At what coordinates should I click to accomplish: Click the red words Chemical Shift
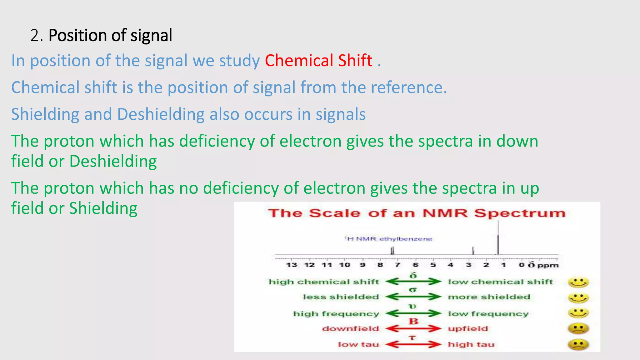[x=318, y=61]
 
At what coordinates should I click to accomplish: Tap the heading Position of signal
[x=110, y=35]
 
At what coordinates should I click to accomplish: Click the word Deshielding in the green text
[x=113, y=162]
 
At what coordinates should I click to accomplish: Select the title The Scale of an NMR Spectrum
[x=417, y=213]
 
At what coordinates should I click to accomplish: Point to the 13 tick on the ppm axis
[x=291, y=265]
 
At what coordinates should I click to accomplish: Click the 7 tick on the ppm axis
[x=397, y=265]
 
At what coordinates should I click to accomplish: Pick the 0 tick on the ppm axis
[x=521, y=265]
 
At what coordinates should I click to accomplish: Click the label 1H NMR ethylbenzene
[x=388, y=239]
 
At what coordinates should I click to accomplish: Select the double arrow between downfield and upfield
[x=413, y=329]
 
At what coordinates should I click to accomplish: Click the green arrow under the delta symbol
[x=413, y=282]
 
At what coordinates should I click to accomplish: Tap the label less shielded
[x=341, y=297]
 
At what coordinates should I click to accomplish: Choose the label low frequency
[x=488, y=313]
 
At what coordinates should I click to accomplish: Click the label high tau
[x=471, y=344]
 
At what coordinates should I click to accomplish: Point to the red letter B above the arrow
[x=413, y=321]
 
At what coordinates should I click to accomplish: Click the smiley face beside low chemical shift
[x=578, y=282]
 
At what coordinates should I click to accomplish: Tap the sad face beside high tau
[x=578, y=345]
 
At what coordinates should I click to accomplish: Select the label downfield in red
[x=350, y=329]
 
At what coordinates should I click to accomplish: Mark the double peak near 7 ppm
[x=392, y=251]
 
